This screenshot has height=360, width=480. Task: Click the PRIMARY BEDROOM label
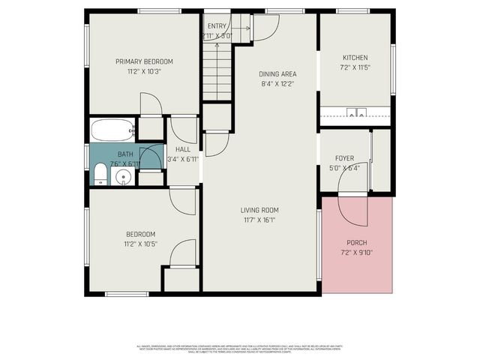pyautogui.click(x=144, y=61)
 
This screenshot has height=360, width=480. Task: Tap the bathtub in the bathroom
pyautogui.click(x=112, y=130)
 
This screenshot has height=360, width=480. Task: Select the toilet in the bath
pyautogui.click(x=100, y=176)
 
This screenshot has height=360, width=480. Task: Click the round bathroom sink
pyautogui.click(x=123, y=177)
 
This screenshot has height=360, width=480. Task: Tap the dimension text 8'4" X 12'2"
pyautogui.click(x=277, y=84)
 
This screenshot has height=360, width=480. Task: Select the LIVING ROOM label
pyautogui.click(x=259, y=210)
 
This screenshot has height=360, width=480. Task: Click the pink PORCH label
pyautogui.click(x=356, y=242)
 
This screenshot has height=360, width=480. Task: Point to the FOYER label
pyautogui.click(x=344, y=158)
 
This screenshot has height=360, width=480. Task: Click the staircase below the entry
pyautogui.click(x=217, y=71)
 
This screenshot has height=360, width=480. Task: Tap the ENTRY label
pyautogui.click(x=217, y=25)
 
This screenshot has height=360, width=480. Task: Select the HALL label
pyautogui.click(x=181, y=149)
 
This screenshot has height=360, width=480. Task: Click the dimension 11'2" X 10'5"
pyautogui.click(x=141, y=244)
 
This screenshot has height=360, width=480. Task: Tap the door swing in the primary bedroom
pyautogui.click(x=151, y=104)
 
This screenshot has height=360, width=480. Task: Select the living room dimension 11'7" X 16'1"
pyautogui.click(x=259, y=220)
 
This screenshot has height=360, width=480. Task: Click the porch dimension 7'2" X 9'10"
pyautogui.click(x=356, y=252)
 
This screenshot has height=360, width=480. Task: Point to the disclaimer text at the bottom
pyautogui.click(x=239, y=349)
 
